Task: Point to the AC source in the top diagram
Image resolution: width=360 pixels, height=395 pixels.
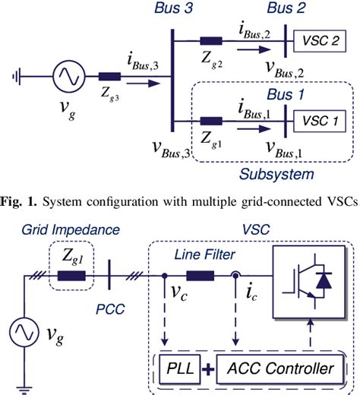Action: [x=65, y=76]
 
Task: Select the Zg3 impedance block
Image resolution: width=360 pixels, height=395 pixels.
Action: [x=109, y=76]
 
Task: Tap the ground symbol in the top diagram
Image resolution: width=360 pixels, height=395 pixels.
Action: [x=17, y=76]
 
